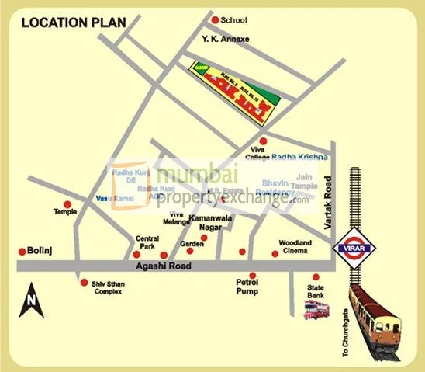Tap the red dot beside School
point(215,19)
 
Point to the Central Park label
point(147,242)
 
